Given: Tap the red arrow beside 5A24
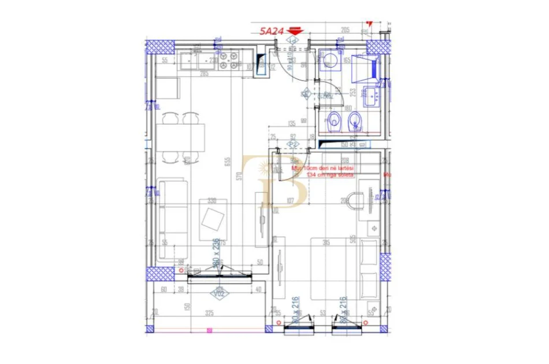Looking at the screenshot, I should [x=295, y=32].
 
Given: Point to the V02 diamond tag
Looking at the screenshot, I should [x=220, y=293].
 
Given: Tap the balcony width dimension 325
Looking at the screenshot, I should [x=209, y=313].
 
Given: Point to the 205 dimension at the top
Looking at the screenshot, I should [x=346, y=30].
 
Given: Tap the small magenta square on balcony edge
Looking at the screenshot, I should [x=209, y=330].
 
